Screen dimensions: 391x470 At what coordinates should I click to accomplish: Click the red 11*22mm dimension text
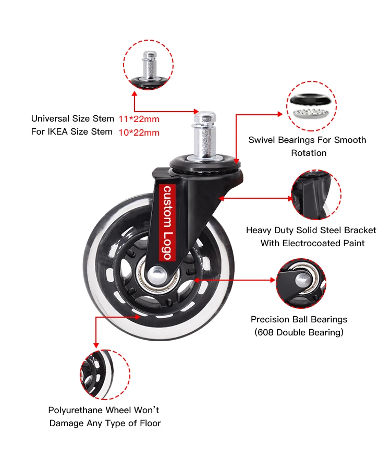[139, 119]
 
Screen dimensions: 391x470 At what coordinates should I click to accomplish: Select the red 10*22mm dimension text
[139, 132]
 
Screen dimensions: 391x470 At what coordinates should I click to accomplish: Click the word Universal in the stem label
[51, 118]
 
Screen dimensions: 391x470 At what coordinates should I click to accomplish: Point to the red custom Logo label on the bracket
[167, 222]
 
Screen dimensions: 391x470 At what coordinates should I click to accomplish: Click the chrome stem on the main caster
[205, 135]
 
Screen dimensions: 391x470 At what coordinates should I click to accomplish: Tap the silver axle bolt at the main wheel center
[155, 274]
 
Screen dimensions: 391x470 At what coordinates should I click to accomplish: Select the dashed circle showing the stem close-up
[148, 65]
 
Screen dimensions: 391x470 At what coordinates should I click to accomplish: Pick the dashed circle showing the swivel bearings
[311, 106]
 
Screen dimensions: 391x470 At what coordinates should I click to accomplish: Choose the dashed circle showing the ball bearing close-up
[301, 283]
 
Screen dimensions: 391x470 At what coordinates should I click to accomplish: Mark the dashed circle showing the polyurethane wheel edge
[105, 375]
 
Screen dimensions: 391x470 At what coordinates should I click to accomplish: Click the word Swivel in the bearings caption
[260, 140]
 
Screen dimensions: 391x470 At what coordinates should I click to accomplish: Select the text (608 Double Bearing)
[299, 332]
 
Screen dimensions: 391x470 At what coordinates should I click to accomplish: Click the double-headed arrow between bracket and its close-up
[255, 198]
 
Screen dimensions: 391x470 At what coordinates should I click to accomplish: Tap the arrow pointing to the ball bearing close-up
[235, 280]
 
